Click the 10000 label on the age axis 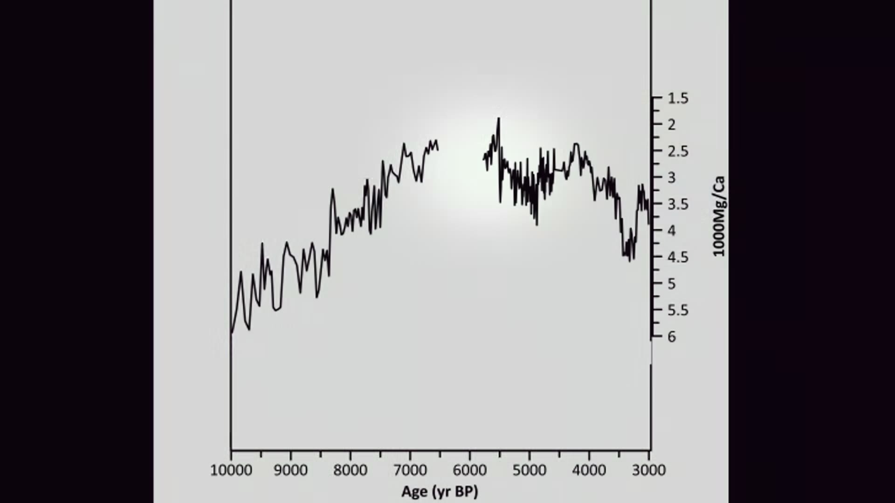coord(231,470)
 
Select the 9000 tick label coord(290,470)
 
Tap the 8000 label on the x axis coord(350,470)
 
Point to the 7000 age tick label coord(410,470)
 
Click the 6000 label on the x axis coord(469,470)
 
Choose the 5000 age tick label coord(529,470)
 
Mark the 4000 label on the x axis coord(589,470)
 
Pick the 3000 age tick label coord(649,470)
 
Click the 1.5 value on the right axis coord(678,98)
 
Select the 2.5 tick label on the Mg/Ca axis coord(678,151)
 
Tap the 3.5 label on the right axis coord(678,204)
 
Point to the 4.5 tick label coord(678,257)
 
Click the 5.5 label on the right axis coord(678,310)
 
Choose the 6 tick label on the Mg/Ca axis coord(672,337)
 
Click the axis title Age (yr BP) coord(440,491)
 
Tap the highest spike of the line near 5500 coord(499,118)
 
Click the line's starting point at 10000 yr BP coord(232,333)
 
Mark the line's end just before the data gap coord(438,149)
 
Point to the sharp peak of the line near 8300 coord(332,189)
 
